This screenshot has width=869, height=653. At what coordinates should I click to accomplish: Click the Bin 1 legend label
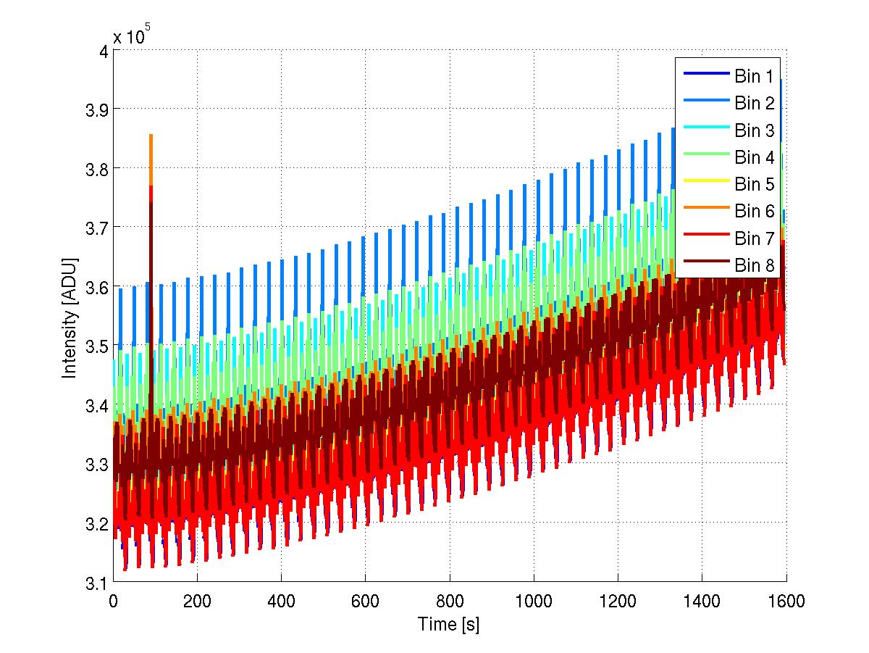[x=755, y=77]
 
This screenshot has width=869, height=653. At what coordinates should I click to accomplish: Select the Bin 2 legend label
[x=755, y=104]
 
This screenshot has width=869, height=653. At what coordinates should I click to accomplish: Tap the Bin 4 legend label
[x=755, y=157]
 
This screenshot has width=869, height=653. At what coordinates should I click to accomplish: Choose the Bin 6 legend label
[x=755, y=211]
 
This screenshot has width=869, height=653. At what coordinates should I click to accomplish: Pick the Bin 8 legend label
[x=755, y=265]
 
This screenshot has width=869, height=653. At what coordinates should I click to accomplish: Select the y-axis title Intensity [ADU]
[x=70, y=316]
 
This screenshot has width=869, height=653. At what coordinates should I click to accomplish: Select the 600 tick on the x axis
[x=365, y=601]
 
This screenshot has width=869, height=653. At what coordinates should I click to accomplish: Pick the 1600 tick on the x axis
[x=786, y=601]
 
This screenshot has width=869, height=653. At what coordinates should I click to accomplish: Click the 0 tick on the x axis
[x=113, y=601]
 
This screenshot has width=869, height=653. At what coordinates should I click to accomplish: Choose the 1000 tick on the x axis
[x=533, y=601]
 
